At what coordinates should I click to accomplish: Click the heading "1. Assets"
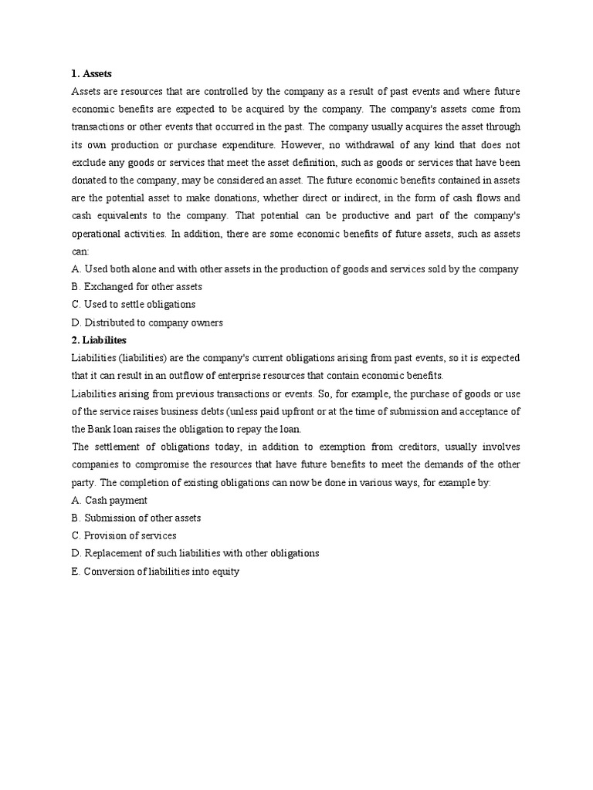click(x=91, y=73)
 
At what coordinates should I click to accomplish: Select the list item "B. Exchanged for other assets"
click(x=136, y=286)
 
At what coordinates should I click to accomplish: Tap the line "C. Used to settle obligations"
click(x=133, y=304)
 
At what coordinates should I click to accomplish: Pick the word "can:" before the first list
click(x=80, y=252)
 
